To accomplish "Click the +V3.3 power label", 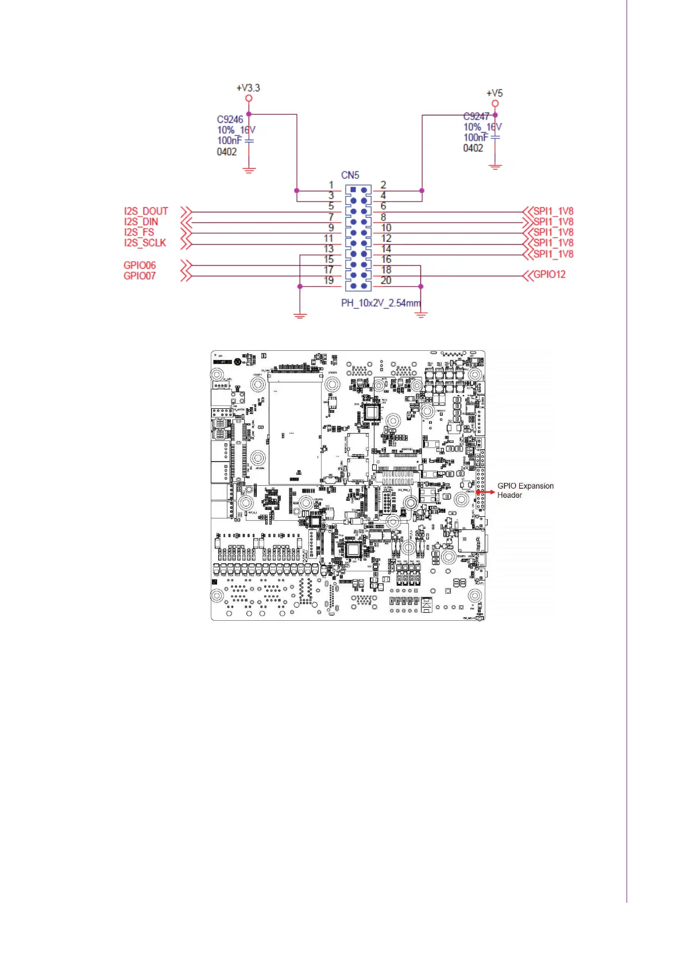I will pyautogui.click(x=248, y=88).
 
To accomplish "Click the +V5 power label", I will pyautogui.click(x=494, y=93).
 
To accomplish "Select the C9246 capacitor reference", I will pyautogui.click(x=230, y=119).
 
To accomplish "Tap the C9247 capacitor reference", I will pyautogui.click(x=476, y=117).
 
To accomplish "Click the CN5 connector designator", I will pyautogui.click(x=350, y=175).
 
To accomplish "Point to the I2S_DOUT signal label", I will pyautogui.click(x=146, y=211).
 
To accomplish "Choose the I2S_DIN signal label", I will pyautogui.click(x=141, y=222).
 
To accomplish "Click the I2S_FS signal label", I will pyautogui.click(x=139, y=233).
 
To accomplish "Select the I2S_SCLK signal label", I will pyautogui.click(x=145, y=243).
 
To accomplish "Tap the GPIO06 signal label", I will pyautogui.click(x=140, y=265).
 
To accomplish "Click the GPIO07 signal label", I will pyautogui.click(x=140, y=276).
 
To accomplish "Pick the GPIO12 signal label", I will pyautogui.click(x=550, y=274).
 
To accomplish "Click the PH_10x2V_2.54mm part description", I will pyautogui.click(x=381, y=303).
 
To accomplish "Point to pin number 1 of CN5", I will pyautogui.click(x=331, y=185).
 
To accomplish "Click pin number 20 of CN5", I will pyautogui.click(x=386, y=280).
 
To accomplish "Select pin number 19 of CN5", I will pyautogui.click(x=329, y=280).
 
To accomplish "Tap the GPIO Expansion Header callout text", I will pyautogui.click(x=525, y=490).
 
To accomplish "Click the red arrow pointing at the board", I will pyautogui.click(x=485, y=492).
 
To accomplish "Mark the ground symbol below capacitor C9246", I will pyautogui.click(x=249, y=170).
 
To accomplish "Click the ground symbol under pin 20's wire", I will pyautogui.click(x=421, y=314).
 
